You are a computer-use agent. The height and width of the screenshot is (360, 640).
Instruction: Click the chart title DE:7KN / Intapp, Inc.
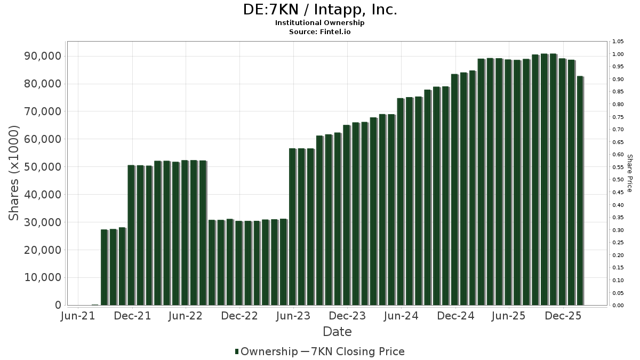tap(320, 10)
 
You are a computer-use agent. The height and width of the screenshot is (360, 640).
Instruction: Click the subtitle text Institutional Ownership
tap(320, 23)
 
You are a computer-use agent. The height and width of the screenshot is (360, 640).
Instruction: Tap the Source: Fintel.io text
tap(320, 31)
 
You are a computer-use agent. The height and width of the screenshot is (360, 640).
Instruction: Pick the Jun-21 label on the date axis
tap(78, 316)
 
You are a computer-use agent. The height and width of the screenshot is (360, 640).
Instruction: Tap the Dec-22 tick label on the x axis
tap(239, 316)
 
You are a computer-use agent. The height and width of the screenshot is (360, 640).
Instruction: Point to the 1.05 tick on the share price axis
tap(618, 42)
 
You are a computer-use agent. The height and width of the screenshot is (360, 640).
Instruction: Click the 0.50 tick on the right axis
tap(618, 180)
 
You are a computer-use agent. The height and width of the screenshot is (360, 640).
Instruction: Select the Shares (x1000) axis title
tap(14, 173)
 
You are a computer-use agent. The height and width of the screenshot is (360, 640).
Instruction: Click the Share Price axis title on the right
tap(629, 173)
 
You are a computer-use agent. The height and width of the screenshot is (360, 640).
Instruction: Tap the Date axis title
tap(337, 332)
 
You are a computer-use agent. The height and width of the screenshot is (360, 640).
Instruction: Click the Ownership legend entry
tap(267, 351)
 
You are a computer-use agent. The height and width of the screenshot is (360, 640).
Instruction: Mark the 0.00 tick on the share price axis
tap(618, 306)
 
